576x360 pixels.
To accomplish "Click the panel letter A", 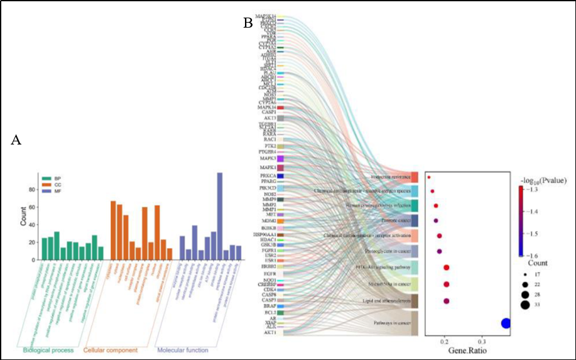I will [x=17, y=141].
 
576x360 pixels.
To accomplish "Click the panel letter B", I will [x=248, y=24].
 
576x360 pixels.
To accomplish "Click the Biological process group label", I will [x=48, y=349].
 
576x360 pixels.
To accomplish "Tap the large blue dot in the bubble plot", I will [x=506, y=324].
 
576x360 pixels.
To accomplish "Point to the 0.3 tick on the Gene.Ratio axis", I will [x=481, y=341].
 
